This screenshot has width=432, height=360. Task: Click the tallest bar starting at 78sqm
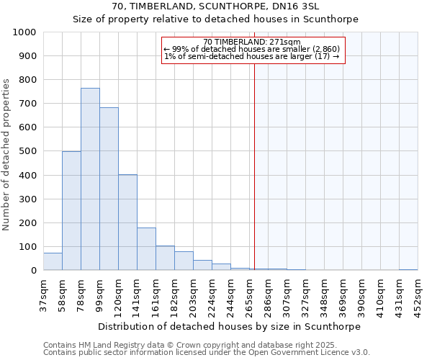click(90, 179)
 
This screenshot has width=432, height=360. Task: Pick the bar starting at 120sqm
click(127, 222)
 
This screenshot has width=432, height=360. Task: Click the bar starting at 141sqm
click(146, 249)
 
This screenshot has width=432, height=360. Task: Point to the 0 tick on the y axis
click(33, 271)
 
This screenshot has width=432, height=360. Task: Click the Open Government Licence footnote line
click(207, 353)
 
